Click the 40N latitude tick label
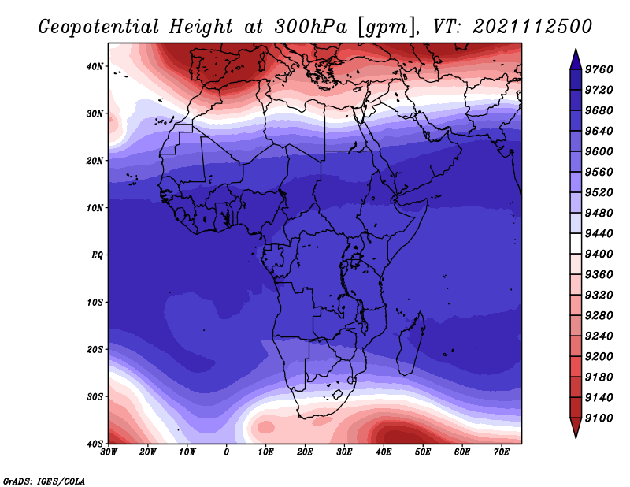[x=94, y=66]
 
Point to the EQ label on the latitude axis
[x=97, y=255]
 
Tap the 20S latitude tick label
[x=94, y=349]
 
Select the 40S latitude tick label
[x=94, y=444]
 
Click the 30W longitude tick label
[x=109, y=452]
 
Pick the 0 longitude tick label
[x=227, y=452]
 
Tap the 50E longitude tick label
[x=423, y=452]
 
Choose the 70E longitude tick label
[x=502, y=452]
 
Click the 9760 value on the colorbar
[x=598, y=69]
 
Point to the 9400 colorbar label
[x=598, y=255]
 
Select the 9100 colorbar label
[x=598, y=418]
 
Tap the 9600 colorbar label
[x=598, y=151]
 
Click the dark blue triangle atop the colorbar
[x=576, y=61]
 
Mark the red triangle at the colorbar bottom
[x=576, y=426]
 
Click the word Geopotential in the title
[x=99, y=27]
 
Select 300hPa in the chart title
[x=310, y=27]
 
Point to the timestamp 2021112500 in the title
[x=532, y=27]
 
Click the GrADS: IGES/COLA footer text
[x=44, y=481]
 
